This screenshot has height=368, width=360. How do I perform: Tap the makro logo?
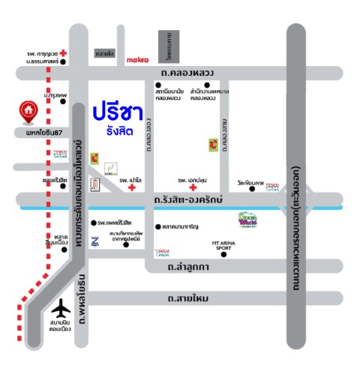click(x=139, y=58)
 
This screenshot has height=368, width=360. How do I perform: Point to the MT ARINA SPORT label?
click(x=223, y=244)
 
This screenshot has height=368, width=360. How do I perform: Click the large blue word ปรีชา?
click(x=119, y=112)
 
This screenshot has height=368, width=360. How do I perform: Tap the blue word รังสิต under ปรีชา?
click(x=120, y=131)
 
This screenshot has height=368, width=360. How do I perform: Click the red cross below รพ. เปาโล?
click(x=133, y=188)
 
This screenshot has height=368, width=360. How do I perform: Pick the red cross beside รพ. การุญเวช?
click(x=64, y=53)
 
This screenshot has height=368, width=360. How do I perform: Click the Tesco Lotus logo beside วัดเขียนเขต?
click(x=272, y=185)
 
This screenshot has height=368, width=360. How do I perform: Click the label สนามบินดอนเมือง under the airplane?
click(x=60, y=329)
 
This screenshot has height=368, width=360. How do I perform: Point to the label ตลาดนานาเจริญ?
click(x=184, y=226)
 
